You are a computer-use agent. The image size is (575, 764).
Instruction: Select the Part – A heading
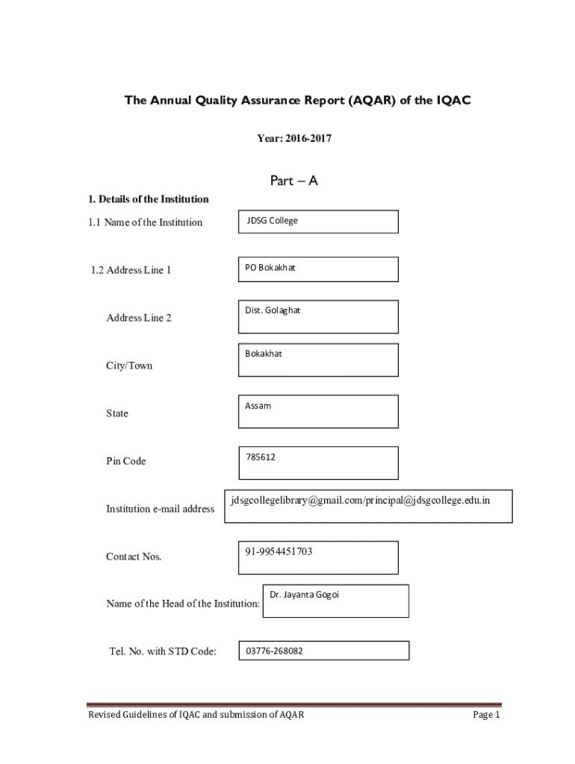click(287, 181)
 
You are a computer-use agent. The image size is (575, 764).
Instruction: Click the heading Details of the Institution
click(148, 199)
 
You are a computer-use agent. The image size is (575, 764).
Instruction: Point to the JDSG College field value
click(272, 221)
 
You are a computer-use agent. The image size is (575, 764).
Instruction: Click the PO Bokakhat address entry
click(270, 267)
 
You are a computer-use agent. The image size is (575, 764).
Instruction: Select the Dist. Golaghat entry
click(273, 310)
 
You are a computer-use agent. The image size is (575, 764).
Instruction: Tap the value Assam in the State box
click(258, 406)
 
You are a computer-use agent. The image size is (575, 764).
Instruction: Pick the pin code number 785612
click(260, 457)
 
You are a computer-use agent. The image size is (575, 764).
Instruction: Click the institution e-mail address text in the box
click(360, 499)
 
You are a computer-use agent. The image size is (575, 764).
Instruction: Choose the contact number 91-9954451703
click(279, 551)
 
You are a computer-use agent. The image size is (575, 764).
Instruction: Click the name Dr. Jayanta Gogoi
click(304, 595)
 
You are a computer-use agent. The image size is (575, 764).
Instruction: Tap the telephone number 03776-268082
click(274, 651)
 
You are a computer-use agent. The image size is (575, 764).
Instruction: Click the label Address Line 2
click(139, 318)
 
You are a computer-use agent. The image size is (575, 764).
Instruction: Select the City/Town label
click(129, 366)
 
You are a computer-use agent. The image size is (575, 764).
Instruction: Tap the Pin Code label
click(125, 461)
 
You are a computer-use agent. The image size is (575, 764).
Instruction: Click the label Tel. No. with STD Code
click(163, 651)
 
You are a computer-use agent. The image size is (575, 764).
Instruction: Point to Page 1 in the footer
click(485, 715)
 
